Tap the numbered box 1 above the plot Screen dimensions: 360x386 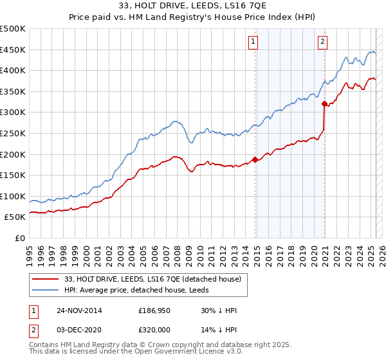253,42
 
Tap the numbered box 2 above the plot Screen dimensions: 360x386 322,42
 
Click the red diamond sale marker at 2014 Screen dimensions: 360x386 255,159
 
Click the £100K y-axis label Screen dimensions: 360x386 13,196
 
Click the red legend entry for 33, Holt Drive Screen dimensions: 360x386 152,279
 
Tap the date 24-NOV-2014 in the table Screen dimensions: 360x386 79,310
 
